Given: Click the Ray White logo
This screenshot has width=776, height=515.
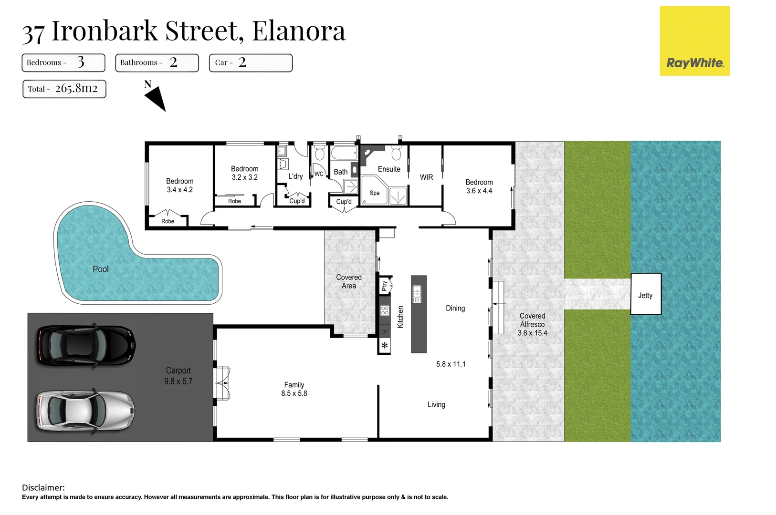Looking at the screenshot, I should (x=694, y=41).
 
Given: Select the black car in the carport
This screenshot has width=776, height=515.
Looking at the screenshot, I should (x=86, y=346).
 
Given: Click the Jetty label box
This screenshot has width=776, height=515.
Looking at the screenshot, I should (x=646, y=294).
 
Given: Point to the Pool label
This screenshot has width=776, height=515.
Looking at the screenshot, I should (x=101, y=269).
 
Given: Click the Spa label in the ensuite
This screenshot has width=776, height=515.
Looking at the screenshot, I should (x=375, y=193).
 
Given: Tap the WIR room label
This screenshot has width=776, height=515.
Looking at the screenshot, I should (x=426, y=177).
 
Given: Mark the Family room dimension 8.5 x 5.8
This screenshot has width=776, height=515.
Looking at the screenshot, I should (x=294, y=394).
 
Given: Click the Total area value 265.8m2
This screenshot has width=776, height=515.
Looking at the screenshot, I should (x=76, y=89).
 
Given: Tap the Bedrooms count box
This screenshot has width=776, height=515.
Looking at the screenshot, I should (x=63, y=63).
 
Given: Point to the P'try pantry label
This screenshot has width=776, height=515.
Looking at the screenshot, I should (x=385, y=286).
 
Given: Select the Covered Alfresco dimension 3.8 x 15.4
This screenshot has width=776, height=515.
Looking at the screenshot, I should (x=532, y=333).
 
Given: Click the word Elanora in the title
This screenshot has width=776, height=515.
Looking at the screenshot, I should (x=298, y=31).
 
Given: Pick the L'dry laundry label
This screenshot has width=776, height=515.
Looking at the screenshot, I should (x=295, y=176).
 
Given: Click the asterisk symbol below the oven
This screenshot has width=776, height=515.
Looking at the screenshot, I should (x=385, y=346).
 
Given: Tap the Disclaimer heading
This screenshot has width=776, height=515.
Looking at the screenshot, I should (x=43, y=487).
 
